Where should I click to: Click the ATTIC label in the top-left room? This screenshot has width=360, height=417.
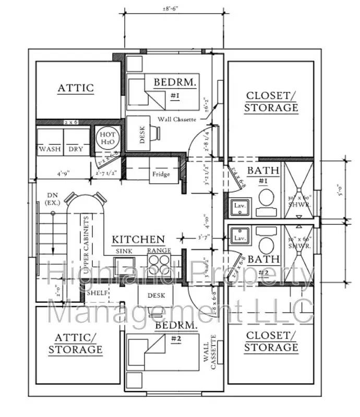click(76, 88)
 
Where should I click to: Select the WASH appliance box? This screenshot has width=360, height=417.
click(50, 149)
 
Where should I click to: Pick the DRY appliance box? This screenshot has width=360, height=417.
click(76, 149)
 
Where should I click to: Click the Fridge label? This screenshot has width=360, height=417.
click(161, 174)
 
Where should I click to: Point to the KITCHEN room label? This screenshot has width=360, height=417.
click(139, 240)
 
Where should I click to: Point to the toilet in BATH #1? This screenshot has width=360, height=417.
click(267, 199)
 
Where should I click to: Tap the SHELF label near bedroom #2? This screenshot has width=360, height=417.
click(97, 293)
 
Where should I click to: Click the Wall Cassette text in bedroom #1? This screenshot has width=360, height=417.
click(178, 119)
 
